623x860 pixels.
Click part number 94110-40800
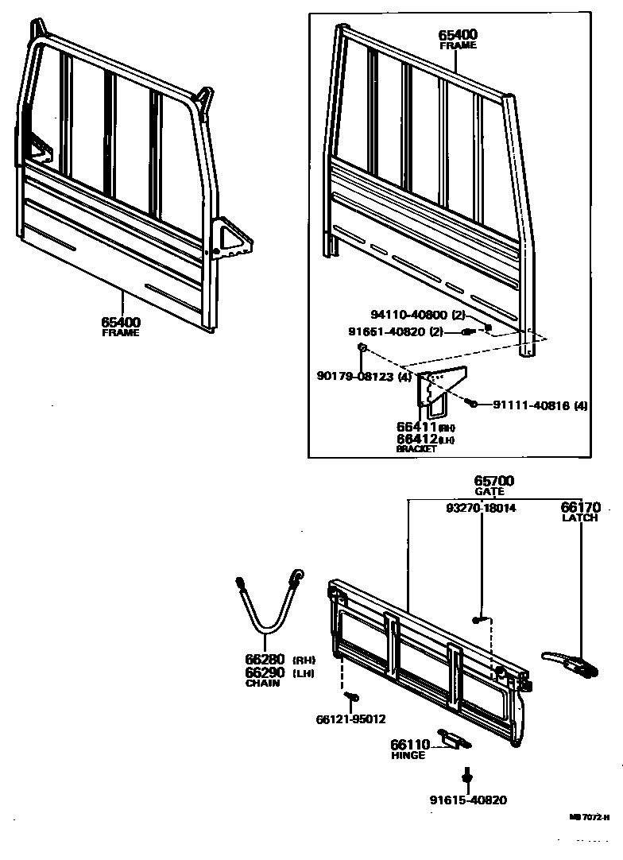pos(411,315)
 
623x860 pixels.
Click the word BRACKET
pos(416,448)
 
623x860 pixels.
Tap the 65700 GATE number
pos(494,481)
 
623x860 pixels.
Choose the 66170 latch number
pos(580,507)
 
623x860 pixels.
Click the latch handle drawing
pos(568,661)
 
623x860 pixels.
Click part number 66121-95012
pos(350,719)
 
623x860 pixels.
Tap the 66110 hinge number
pos(409,745)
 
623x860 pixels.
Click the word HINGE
pos(408,755)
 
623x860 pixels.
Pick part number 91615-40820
pos(469,800)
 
